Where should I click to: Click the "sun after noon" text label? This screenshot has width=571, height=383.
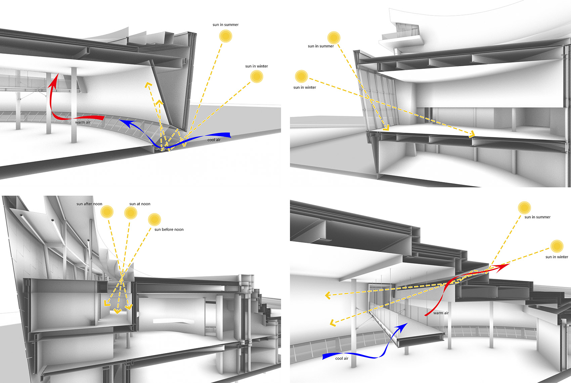[x=89, y=204]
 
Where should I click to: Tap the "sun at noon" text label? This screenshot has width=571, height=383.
[x=140, y=204]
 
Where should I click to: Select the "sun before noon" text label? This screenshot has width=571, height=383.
[x=169, y=229]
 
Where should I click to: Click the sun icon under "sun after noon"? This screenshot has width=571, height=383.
[x=107, y=212]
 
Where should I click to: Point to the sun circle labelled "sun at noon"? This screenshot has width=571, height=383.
[x=131, y=213]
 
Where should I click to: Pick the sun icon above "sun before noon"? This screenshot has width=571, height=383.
[x=155, y=219]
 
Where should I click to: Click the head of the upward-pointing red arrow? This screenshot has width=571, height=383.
[x=54, y=78]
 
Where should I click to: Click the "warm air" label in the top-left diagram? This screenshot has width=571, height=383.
[x=83, y=122]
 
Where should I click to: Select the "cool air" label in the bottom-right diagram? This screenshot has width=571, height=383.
[x=342, y=358]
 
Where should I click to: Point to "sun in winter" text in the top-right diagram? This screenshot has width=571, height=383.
[x=305, y=87]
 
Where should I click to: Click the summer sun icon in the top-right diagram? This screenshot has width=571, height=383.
[x=334, y=38]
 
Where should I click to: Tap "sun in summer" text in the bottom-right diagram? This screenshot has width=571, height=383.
[x=537, y=217]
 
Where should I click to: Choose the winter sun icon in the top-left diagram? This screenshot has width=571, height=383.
[x=257, y=77]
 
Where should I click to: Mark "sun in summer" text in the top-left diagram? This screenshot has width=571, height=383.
[x=225, y=25]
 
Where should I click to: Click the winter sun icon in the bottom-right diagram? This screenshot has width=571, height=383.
[x=557, y=246]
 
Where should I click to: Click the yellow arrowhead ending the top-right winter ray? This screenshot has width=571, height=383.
[x=473, y=135]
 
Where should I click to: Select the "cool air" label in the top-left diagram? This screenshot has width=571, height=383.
[x=214, y=140]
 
